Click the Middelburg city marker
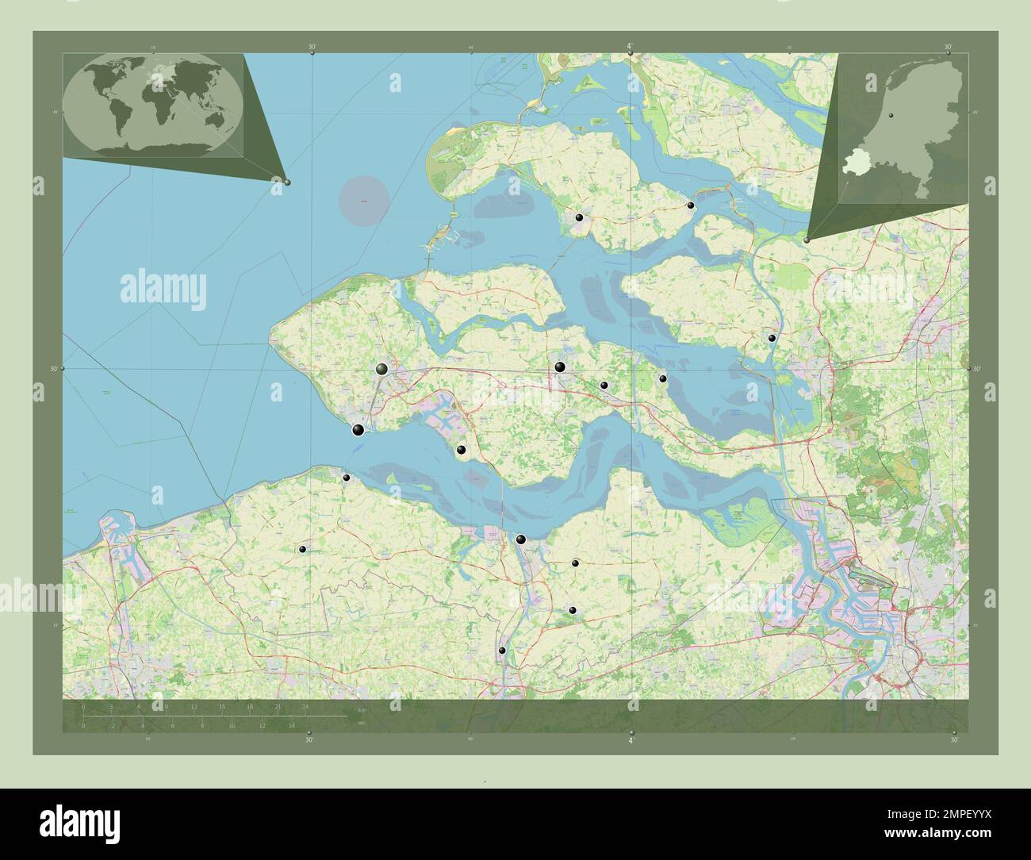point(382,369)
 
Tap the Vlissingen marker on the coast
point(358,430)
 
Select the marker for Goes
point(560,367)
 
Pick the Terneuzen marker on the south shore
point(520,539)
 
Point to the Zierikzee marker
point(580,217)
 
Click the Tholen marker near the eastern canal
point(772,338)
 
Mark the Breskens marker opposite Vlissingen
point(347,478)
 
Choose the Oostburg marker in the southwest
point(302,549)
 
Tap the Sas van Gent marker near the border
point(502,651)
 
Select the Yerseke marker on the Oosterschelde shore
point(663,378)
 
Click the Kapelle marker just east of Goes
point(604,386)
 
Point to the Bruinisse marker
point(691,205)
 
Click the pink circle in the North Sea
point(364,202)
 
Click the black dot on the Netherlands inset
point(891,116)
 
